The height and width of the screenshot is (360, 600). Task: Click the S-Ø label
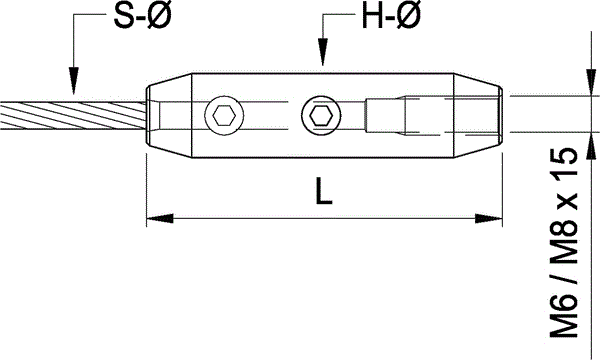pos(142,17)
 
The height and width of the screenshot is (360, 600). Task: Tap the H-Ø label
pos(391,16)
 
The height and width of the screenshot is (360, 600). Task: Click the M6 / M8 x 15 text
pos(563,242)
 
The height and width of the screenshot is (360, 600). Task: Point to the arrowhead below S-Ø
pos(73,80)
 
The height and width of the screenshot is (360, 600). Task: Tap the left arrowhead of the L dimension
pos(160,218)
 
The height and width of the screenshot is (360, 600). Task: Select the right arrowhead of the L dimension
pos(489,218)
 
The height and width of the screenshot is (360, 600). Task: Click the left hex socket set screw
pos(224,116)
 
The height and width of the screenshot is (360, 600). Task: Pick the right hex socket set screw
pos(321,116)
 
